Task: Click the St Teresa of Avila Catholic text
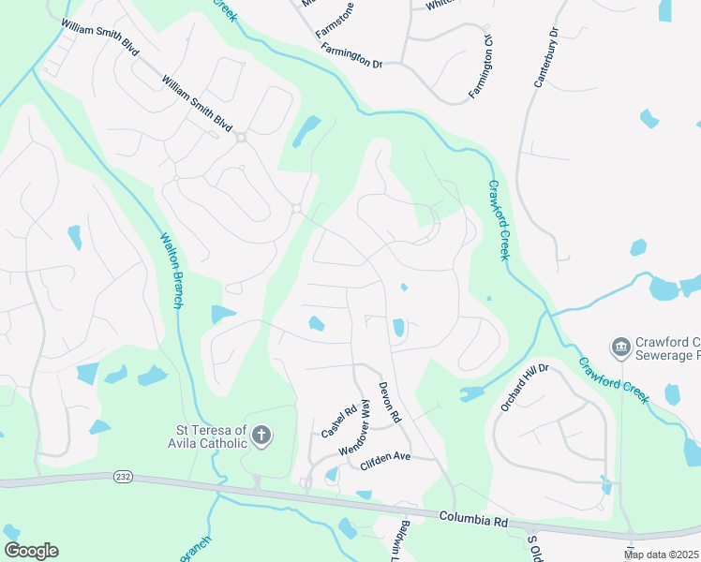(x=206, y=437)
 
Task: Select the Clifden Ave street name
(x=385, y=458)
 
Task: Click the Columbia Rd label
(x=473, y=518)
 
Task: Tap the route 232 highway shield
(x=123, y=477)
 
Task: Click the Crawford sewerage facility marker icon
(x=620, y=348)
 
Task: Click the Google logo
(x=31, y=551)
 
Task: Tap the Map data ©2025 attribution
(x=662, y=555)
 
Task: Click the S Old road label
(x=535, y=545)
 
